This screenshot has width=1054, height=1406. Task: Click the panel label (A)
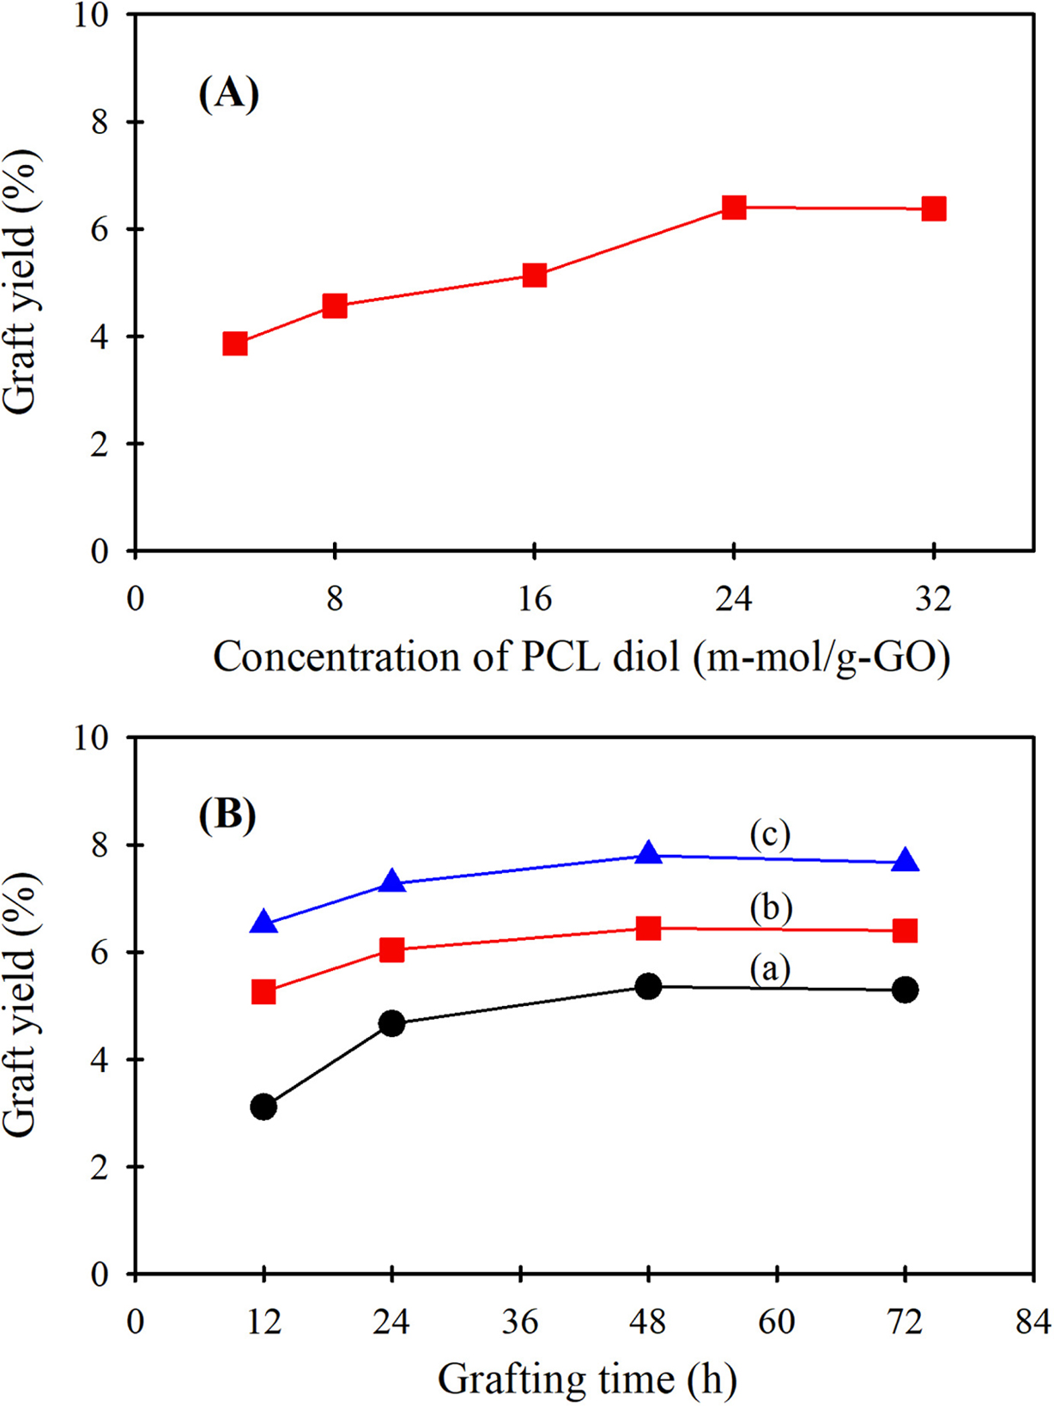pyautogui.click(x=228, y=93)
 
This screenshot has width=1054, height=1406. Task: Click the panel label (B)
pyautogui.click(x=227, y=814)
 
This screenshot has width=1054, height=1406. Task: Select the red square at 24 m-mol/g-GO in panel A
pyautogui.click(x=734, y=207)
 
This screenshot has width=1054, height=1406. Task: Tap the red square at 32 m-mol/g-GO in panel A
pyautogui.click(x=934, y=209)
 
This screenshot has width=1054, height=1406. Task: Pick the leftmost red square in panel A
pyautogui.click(x=235, y=344)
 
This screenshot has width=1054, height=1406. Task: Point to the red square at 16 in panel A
pyautogui.click(x=534, y=276)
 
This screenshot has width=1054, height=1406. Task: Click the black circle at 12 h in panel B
pyautogui.click(x=263, y=1106)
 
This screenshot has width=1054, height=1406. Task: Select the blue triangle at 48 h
pyautogui.click(x=649, y=854)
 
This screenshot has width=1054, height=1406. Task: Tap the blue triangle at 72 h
pyautogui.click(x=905, y=862)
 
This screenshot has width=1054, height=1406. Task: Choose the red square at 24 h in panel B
pyautogui.click(x=392, y=949)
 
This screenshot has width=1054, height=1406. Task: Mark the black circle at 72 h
pyautogui.click(x=905, y=990)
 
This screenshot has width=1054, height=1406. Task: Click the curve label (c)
pyautogui.click(x=769, y=834)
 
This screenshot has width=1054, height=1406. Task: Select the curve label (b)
pyautogui.click(x=770, y=908)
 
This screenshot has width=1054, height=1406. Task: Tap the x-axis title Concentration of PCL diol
pyautogui.click(x=582, y=658)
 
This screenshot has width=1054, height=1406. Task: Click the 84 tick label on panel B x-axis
pyautogui.click(x=1033, y=1322)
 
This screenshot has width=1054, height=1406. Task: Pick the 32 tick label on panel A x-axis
pyautogui.click(x=933, y=598)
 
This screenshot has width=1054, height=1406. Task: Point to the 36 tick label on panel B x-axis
pyautogui.click(x=520, y=1322)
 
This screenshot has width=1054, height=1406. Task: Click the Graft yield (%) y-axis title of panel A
pyautogui.click(x=21, y=283)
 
